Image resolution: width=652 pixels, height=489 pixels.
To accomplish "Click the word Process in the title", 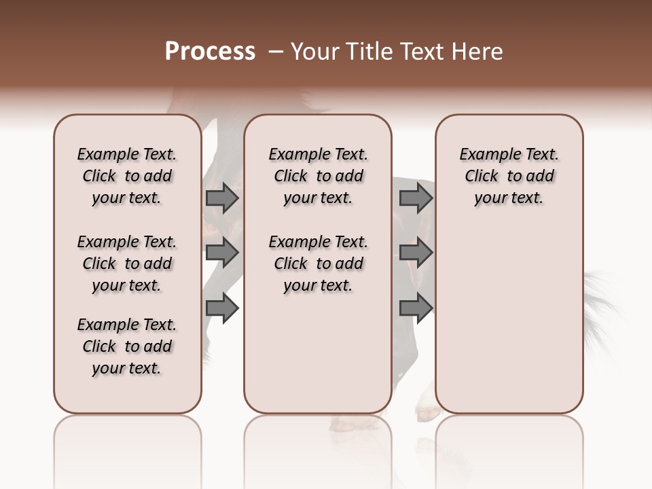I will (x=210, y=52).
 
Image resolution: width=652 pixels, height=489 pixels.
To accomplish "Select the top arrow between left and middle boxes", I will (x=222, y=198).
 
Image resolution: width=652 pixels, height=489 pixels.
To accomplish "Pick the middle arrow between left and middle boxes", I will (x=222, y=253).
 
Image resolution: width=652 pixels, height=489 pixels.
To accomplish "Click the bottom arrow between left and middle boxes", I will (x=222, y=308).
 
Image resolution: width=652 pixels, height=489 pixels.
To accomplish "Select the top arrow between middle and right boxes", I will (x=416, y=198).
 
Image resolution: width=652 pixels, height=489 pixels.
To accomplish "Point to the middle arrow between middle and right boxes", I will (x=416, y=253).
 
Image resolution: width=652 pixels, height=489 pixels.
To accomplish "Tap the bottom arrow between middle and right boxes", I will (x=416, y=308).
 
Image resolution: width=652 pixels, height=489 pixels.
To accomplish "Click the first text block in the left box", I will (x=127, y=176).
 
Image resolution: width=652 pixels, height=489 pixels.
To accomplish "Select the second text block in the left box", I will (x=127, y=264).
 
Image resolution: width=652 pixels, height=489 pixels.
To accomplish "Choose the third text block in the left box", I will (x=127, y=346).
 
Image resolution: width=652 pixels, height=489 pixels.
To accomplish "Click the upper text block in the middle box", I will (x=318, y=176).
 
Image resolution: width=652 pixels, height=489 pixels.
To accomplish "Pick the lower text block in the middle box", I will (x=318, y=264).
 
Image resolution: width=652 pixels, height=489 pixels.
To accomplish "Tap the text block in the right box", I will (x=509, y=176).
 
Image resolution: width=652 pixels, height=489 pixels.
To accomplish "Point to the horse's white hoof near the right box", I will (x=427, y=407).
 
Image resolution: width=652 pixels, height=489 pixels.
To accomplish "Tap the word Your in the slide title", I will (x=314, y=52).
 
